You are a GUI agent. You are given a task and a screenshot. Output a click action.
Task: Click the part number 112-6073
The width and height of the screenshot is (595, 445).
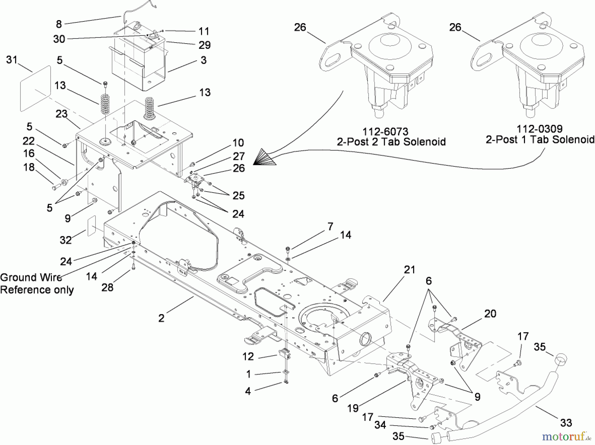(385, 132)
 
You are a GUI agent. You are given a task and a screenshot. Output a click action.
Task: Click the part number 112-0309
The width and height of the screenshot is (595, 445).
(539, 129)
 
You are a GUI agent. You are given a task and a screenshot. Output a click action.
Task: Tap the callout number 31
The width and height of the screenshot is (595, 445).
(12, 60)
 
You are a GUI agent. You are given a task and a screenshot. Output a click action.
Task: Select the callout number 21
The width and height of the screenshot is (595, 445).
(410, 270)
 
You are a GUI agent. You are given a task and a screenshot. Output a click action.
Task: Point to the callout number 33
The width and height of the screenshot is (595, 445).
(566, 423)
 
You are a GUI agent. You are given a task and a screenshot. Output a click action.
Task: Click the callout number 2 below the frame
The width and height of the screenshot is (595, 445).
(161, 318)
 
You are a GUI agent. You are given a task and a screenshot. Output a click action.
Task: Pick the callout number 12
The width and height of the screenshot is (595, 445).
(248, 356)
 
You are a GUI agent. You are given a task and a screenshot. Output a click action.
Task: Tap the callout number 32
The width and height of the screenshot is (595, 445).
(65, 240)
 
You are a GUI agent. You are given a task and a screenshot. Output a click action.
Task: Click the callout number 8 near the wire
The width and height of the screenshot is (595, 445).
(59, 24)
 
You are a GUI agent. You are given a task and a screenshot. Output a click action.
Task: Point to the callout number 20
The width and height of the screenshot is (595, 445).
(490, 313)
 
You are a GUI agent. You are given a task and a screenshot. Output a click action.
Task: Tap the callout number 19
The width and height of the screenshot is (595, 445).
(353, 408)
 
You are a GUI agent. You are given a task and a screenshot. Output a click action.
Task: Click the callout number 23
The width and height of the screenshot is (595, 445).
(61, 114)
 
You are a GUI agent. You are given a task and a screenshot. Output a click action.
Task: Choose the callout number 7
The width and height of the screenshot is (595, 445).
(330, 227)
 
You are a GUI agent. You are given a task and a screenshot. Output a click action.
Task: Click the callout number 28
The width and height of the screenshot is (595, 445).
(107, 287)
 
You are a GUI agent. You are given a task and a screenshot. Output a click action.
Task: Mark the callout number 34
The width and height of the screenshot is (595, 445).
(380, 425)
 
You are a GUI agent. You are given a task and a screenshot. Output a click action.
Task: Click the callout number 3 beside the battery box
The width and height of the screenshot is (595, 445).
(203, 60)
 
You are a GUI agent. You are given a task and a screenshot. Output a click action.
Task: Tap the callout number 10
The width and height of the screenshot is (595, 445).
(238, 143)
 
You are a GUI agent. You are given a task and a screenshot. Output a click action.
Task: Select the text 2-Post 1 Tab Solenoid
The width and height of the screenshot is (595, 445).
(540, 139)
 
